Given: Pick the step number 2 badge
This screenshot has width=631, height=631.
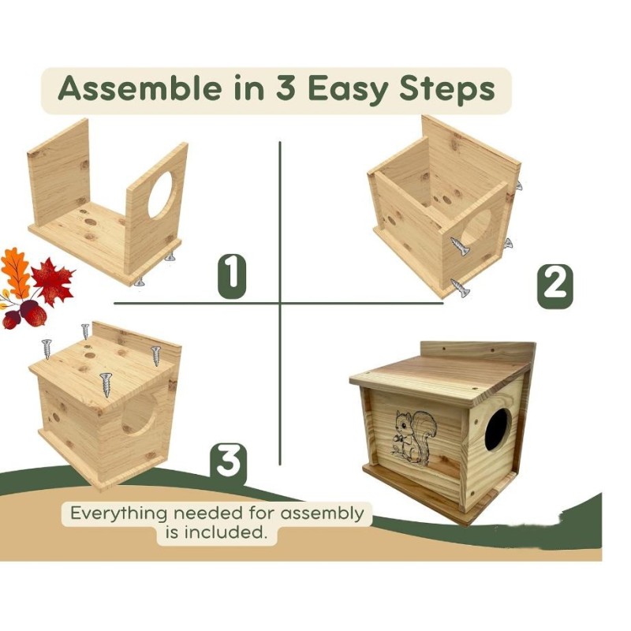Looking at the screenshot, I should tap(554, 283).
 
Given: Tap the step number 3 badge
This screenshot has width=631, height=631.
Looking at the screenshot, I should tap(228, 462).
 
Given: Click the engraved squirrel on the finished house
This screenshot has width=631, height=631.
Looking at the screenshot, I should tap(415, 436).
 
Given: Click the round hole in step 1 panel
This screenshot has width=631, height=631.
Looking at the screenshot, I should tap(161, 192).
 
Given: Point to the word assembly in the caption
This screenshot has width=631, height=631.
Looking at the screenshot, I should tap(324, 514).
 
